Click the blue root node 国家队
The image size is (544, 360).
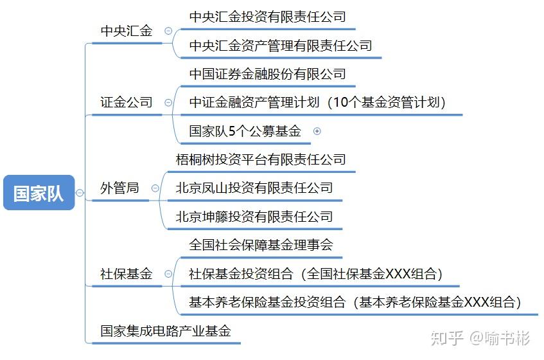[39, 193]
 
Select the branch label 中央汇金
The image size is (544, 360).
[127, 31]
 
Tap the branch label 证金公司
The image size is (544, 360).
[127, 102]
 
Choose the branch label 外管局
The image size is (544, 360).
[119, 188]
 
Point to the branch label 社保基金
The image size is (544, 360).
[127, 274]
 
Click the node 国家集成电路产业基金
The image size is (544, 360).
[165, 331]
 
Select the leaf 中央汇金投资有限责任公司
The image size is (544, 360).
[267, 17]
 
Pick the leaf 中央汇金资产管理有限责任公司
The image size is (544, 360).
[281, 46]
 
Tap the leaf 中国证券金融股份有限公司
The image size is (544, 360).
[267, 74]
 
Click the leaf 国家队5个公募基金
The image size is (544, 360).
[245, 131]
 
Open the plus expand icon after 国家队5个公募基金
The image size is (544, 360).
[317, 131]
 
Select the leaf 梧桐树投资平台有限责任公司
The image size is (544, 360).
[261, 159]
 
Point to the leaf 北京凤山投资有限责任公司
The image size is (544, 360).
[254, 188]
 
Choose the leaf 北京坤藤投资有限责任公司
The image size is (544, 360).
[254, 217]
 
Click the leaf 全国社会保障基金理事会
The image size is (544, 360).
[261, 245]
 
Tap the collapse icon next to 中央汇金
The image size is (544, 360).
[168, 31]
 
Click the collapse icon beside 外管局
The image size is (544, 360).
[155, 188]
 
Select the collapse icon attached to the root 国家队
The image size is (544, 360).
[80, 193]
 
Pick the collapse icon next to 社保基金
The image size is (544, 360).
[168, 274]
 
